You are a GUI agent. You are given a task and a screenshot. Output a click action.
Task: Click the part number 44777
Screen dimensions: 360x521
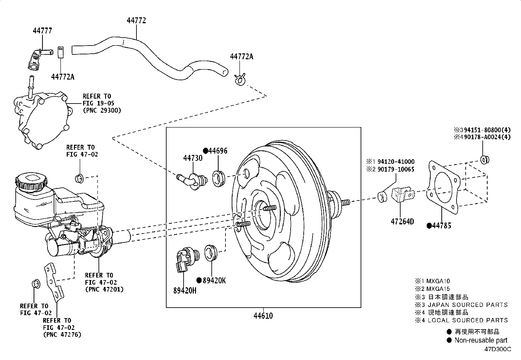(42, 31)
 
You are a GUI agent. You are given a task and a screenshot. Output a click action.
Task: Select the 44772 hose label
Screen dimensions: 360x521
(136, 20)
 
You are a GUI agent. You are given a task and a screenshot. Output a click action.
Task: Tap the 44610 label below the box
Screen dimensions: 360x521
(263, 316)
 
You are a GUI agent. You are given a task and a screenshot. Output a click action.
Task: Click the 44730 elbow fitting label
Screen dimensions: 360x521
(193, 158)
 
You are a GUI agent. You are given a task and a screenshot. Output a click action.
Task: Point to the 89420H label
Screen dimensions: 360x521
(185, 290)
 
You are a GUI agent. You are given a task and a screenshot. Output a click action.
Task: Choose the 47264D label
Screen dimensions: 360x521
(402, 222)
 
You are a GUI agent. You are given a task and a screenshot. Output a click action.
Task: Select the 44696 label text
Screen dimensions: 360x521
(218, 151)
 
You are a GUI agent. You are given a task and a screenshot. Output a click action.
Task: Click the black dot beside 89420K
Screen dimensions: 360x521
(199, 280)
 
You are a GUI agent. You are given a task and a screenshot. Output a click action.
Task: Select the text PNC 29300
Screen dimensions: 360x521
(102, 110)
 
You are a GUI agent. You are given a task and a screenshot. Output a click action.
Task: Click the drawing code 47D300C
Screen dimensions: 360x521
(498, 349)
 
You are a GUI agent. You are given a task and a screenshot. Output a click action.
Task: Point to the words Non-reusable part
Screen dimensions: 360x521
(481, 340)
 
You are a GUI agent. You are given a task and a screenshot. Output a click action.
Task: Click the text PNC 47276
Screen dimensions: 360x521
(62, 334)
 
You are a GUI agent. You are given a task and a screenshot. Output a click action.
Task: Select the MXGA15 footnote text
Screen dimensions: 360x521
(438, 289)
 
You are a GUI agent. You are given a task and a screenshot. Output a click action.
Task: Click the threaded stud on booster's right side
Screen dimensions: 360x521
(346, 202)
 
